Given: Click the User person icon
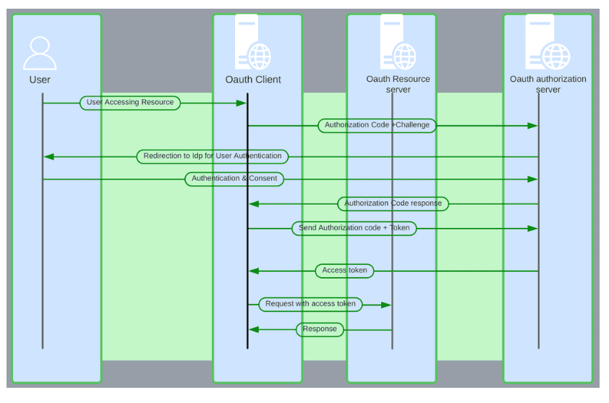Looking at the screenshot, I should click(x=39, y=52).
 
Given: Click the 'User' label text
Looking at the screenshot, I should click(x=40, y=80).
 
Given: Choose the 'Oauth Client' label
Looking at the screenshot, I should click(x=253, y=80).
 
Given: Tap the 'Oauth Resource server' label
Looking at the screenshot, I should click(x=399, y=84).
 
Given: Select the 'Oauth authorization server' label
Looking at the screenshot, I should click(x=548, y=84).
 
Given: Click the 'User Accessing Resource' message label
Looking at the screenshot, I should click(x=129, y=103).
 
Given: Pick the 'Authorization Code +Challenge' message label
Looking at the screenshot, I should click(x=377, y=125).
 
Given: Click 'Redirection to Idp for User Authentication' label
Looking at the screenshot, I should click(x=213, y=156).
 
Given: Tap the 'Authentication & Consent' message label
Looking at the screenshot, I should click(x=234, y=179).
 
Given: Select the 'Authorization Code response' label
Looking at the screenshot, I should click(x=393, y=203).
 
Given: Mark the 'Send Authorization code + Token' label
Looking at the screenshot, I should click(x=354, y=229).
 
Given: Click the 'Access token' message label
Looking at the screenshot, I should click(x=344, y=271).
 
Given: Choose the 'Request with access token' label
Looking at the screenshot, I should click(x=310, y=305).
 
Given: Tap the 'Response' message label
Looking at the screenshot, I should click(x=320, y=329).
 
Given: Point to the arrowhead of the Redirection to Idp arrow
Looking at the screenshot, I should click(x=48, y=156).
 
